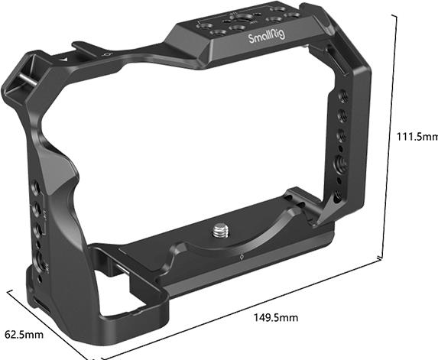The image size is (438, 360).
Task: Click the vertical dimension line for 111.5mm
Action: [396, 138]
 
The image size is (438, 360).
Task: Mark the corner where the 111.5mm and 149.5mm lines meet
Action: [383, 260]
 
